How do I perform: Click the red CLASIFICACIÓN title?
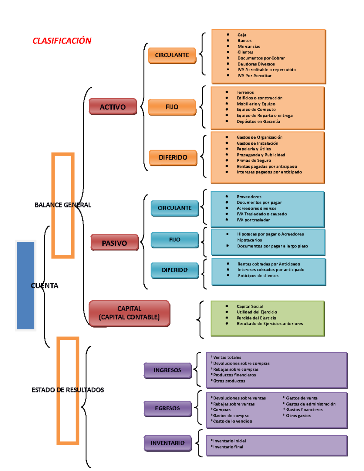[x=62, y=41]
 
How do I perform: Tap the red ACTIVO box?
[x=113, y=107]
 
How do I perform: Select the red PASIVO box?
[x=114, y=243]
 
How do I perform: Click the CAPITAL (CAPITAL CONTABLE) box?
[x=129, y=313]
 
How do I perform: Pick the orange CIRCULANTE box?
[x=172, y=55]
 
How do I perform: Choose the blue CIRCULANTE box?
[x=175, y=208]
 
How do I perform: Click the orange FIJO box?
[x=172, y=107]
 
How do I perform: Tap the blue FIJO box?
[x=175, y=240]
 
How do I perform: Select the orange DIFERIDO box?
[x=173, y=157]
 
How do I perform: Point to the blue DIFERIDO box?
[x=175, y=270]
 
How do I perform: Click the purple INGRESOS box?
[x=167, y=370]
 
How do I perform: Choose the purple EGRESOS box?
[x=167, y=409]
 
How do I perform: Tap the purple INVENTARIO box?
[x=167, y=443]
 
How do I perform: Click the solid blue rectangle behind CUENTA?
[x=25, y=285]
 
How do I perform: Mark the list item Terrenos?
[x=245, y=92]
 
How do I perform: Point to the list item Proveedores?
[x=249, y=197]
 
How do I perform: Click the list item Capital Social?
[x=250, y=306]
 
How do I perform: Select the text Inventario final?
[x=228, y=447]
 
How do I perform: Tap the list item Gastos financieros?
[x=304, y=410]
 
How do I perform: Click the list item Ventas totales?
[x=227, y=358]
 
